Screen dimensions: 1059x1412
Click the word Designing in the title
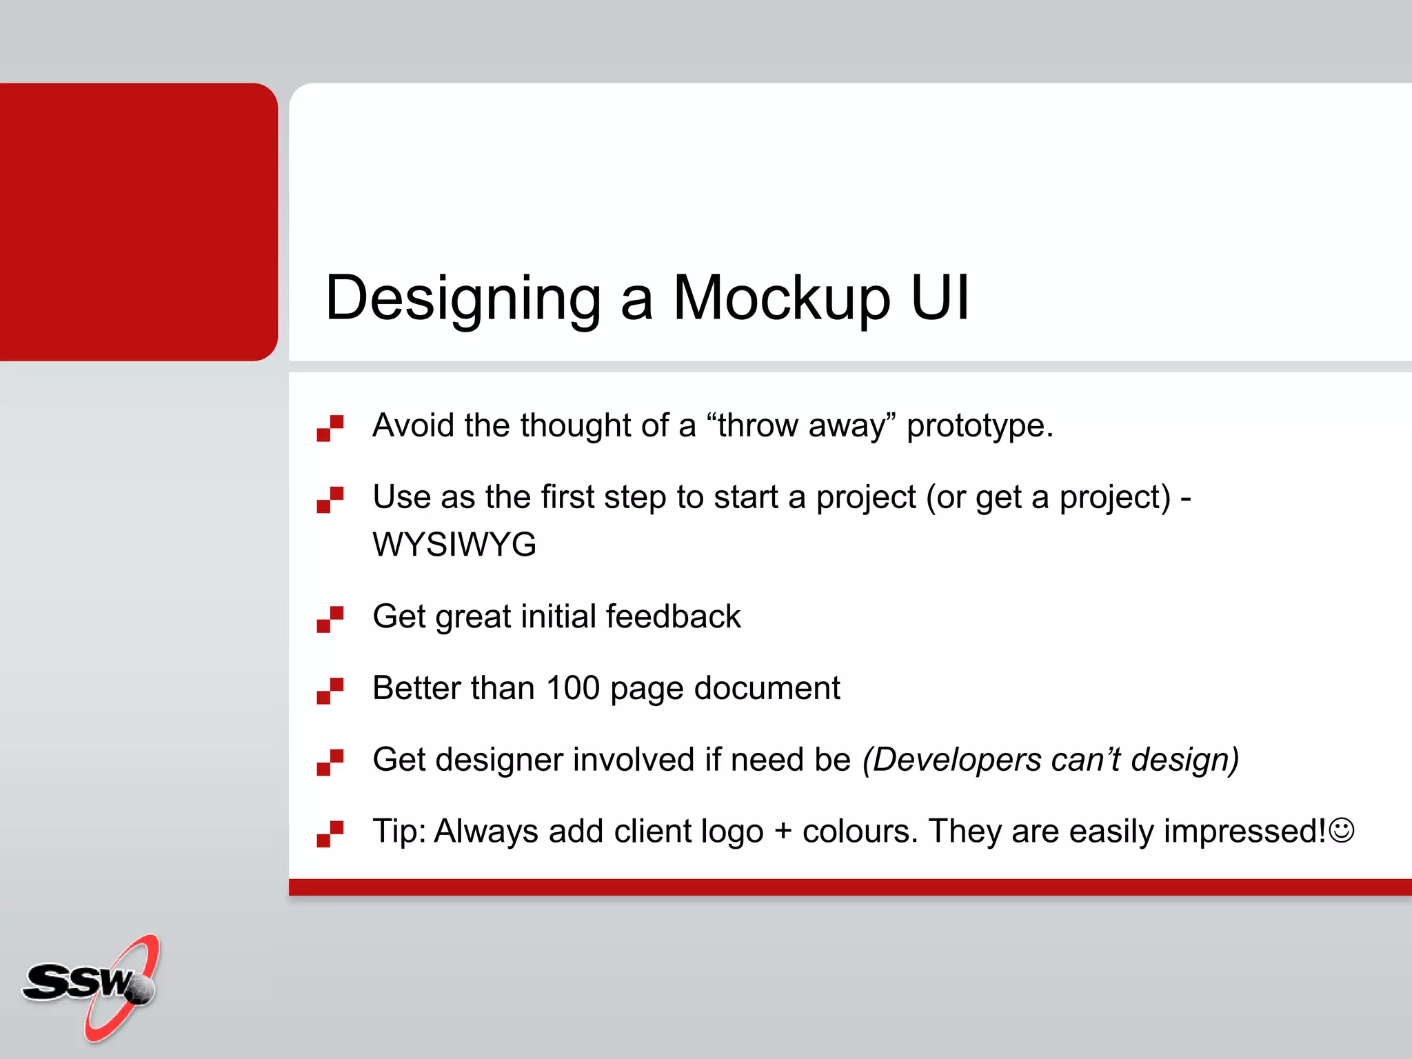point(463,299)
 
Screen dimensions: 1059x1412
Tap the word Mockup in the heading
point(781,299)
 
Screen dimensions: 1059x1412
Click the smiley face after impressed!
point(1342,829)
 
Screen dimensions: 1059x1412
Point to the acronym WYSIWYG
point(454,545)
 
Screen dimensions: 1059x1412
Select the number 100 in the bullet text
point(572,688)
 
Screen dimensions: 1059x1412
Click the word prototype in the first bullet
point(979,426)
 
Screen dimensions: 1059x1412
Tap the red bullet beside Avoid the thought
point(330,427)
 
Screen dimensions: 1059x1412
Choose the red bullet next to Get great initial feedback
point(330,618)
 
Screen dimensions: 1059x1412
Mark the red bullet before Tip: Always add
point(330,834)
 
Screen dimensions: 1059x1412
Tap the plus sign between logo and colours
point(783,831)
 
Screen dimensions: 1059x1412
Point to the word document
point(767,688)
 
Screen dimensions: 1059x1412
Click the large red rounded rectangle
point(138,221)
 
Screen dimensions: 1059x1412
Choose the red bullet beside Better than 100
point(330,690)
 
